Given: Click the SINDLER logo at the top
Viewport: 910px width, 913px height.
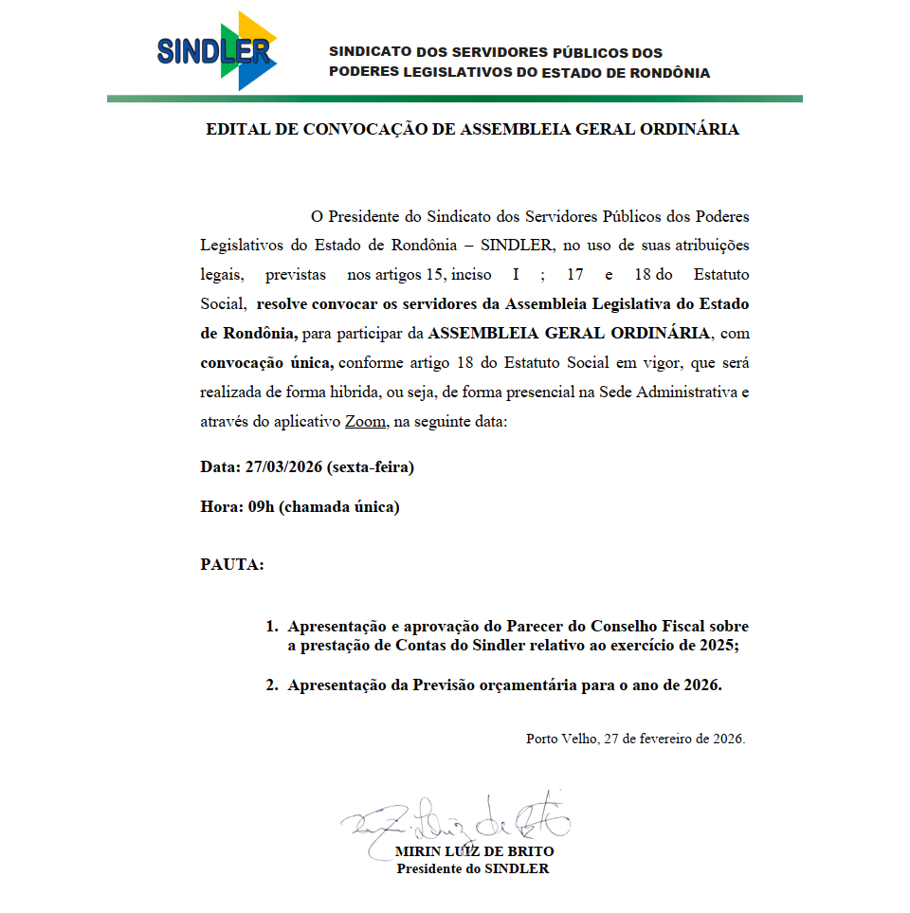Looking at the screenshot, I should coord(217,50).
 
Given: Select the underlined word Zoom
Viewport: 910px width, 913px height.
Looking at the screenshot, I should coord(365,422).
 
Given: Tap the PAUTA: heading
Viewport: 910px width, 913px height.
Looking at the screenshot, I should coord(232,565).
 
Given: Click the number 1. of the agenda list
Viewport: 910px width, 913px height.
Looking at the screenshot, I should coord(271,627).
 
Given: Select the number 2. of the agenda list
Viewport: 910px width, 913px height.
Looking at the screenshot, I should coord(271,685).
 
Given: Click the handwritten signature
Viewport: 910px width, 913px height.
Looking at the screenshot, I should coord(455,817).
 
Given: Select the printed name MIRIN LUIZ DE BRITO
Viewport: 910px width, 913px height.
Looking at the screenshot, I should coord(475,851).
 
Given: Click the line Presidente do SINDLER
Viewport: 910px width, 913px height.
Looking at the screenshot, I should coord(472,868).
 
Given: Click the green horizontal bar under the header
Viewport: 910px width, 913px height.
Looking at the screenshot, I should coord(455,99).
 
